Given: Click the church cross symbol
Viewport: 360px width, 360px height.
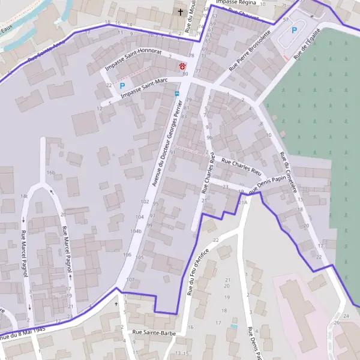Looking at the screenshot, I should pos(179,12).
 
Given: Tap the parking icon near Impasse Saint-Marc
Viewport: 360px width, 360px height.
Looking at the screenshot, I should pos(122,86).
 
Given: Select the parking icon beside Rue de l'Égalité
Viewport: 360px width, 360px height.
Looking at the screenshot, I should pos(294,29).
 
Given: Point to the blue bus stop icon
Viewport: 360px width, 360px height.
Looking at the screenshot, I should pos(176,94).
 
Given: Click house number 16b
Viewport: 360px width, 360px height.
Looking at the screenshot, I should pos(50,173).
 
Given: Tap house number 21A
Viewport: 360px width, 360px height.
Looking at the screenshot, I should pos(242,203).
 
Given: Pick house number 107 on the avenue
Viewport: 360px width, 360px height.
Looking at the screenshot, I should pos(131,280).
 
